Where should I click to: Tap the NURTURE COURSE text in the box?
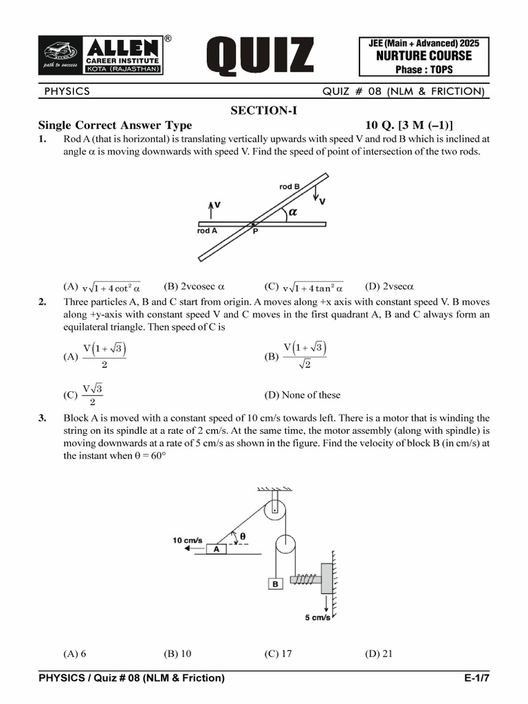423,56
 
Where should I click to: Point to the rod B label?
289,186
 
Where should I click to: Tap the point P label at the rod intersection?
255,232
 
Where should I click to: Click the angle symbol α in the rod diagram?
293,212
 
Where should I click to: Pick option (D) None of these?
302,395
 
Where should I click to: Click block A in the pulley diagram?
217,549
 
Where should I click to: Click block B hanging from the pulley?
275,584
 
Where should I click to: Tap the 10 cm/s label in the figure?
187,540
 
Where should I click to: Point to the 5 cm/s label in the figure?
318,617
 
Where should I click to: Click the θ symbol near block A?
243,537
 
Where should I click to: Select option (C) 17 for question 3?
278,654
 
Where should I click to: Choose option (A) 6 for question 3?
74,654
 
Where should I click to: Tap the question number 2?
42,302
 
